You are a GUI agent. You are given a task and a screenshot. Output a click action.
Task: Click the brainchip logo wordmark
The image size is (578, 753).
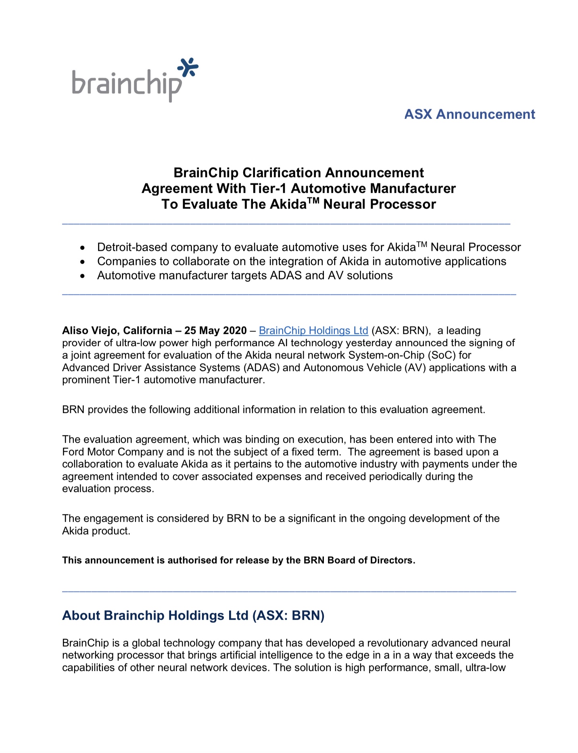coord(127,83)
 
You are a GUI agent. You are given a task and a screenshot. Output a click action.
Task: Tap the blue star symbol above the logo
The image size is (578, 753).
coord(188,67)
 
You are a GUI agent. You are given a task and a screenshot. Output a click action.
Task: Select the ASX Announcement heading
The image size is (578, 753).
coord(469,114)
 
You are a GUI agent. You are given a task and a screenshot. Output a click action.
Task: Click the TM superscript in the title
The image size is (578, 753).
coord(313,201)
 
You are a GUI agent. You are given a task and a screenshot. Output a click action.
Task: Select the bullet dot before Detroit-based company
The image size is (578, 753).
coord(83,248)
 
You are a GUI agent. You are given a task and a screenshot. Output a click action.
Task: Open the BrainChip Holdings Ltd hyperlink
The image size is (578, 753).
coord(313,331)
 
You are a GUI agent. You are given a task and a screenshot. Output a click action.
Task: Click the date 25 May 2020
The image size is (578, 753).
coord(215,331)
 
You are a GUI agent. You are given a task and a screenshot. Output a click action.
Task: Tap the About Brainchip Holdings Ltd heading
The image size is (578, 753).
coord(193,616)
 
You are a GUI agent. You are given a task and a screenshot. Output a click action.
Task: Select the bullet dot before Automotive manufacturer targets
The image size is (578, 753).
coord(83,276)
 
